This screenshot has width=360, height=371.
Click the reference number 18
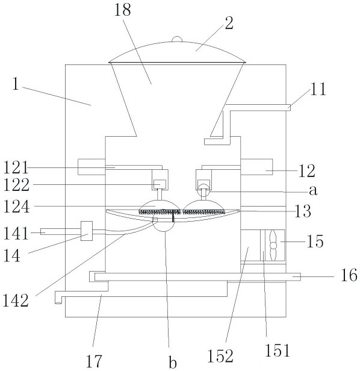pos(122,11)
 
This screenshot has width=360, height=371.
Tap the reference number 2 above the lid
pos(229,23)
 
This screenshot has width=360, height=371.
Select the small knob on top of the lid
pos(177,39)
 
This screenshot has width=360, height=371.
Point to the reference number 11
pos(318,89)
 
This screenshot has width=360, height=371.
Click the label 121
pos(16,167)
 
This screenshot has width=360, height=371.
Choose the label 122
pos(16,184)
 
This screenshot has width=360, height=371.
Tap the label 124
pos(16,207)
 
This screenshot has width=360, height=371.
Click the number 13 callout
pos(303,211)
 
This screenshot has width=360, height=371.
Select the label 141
pos(16,233)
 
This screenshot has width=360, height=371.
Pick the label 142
pos(16,301)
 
